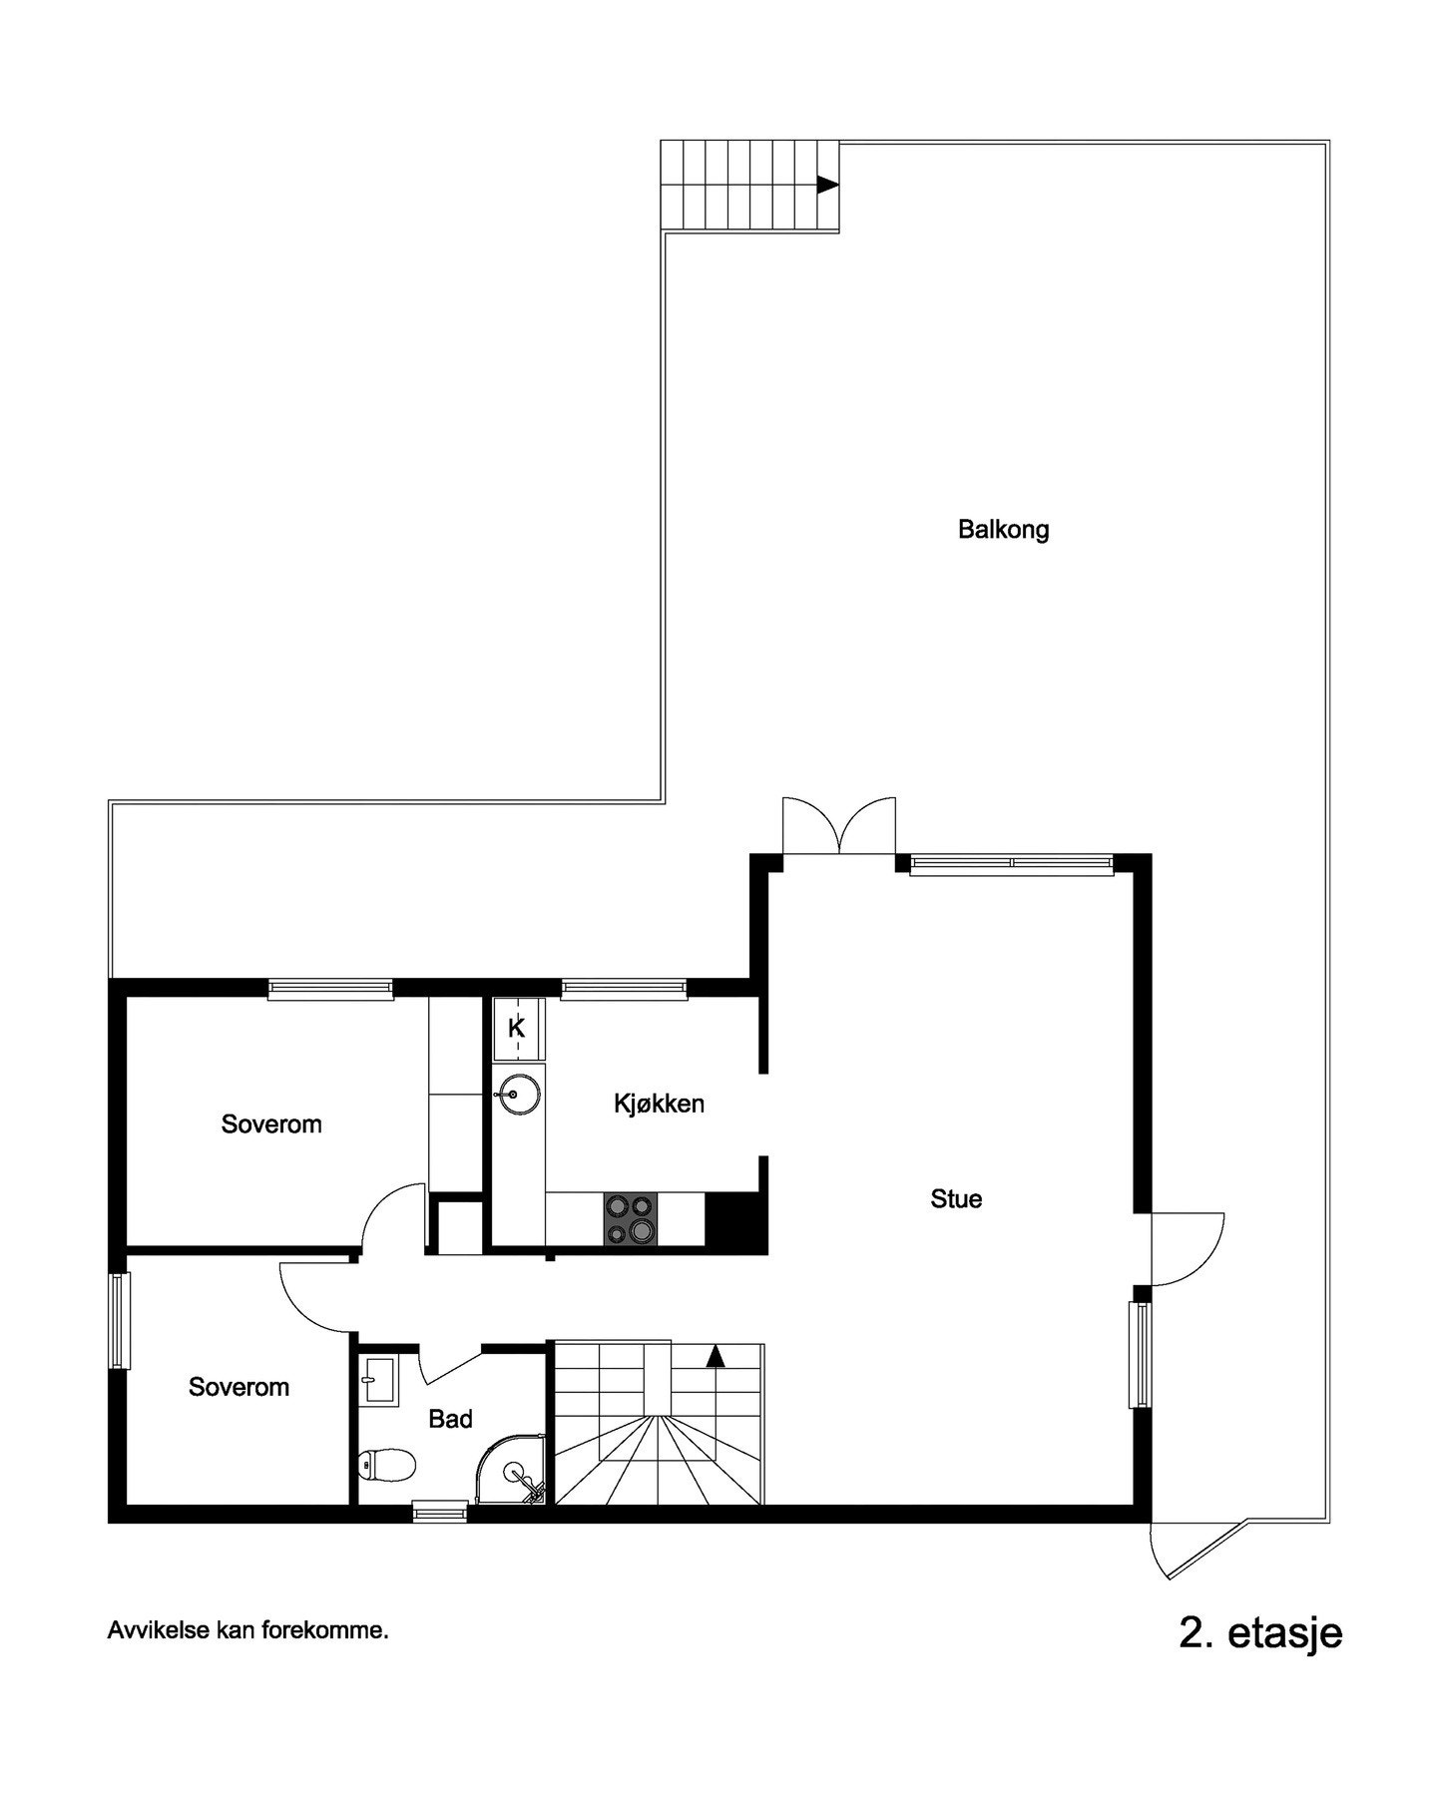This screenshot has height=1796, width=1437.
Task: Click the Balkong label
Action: coord(1003,529)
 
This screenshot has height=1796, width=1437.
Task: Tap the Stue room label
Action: coord(956,1198)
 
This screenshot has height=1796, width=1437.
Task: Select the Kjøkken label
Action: coord(659,1104)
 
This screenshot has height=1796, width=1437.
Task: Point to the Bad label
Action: coord(450,1419)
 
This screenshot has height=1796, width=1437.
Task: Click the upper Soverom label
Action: coord(271,1124)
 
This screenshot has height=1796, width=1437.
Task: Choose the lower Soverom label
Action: coord(239,1387)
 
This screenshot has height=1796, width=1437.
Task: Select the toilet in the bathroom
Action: coord(387,1466)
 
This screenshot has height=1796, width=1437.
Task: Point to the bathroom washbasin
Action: coord(378,1382)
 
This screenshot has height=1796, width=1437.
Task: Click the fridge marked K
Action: coord(517,1028)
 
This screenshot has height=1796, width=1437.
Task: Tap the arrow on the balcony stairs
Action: coord(826,185)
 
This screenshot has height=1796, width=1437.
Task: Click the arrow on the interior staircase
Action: coord(715,1356)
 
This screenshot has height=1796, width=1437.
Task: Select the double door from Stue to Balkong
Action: coord(838,828)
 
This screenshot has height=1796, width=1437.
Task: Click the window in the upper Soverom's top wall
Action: coord(330,989)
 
